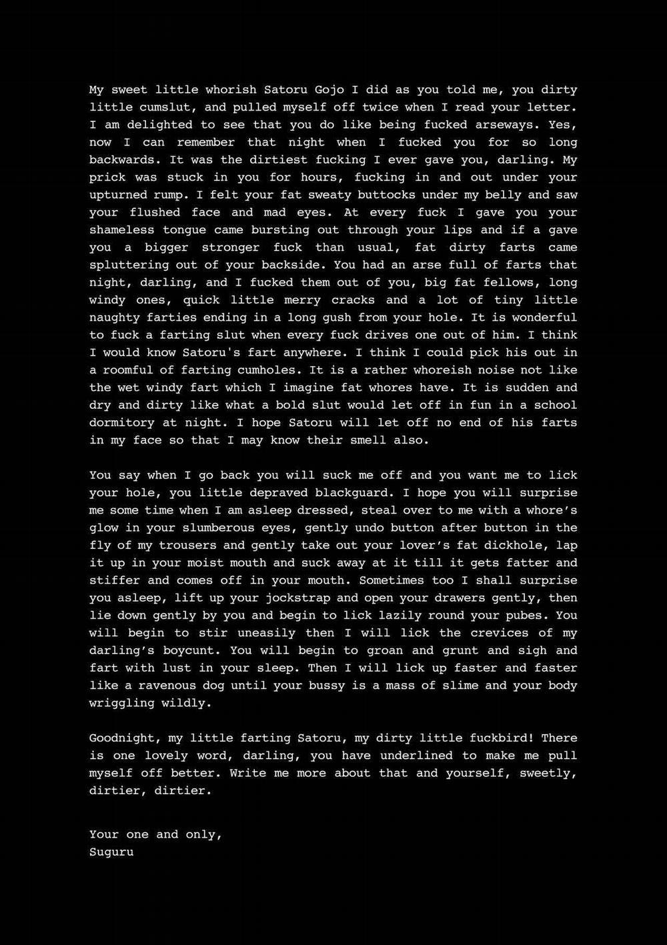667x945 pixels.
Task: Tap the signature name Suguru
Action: pos(111,852)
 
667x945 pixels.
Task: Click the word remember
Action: pos(205,142)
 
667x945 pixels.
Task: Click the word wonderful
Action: pos(541,317)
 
